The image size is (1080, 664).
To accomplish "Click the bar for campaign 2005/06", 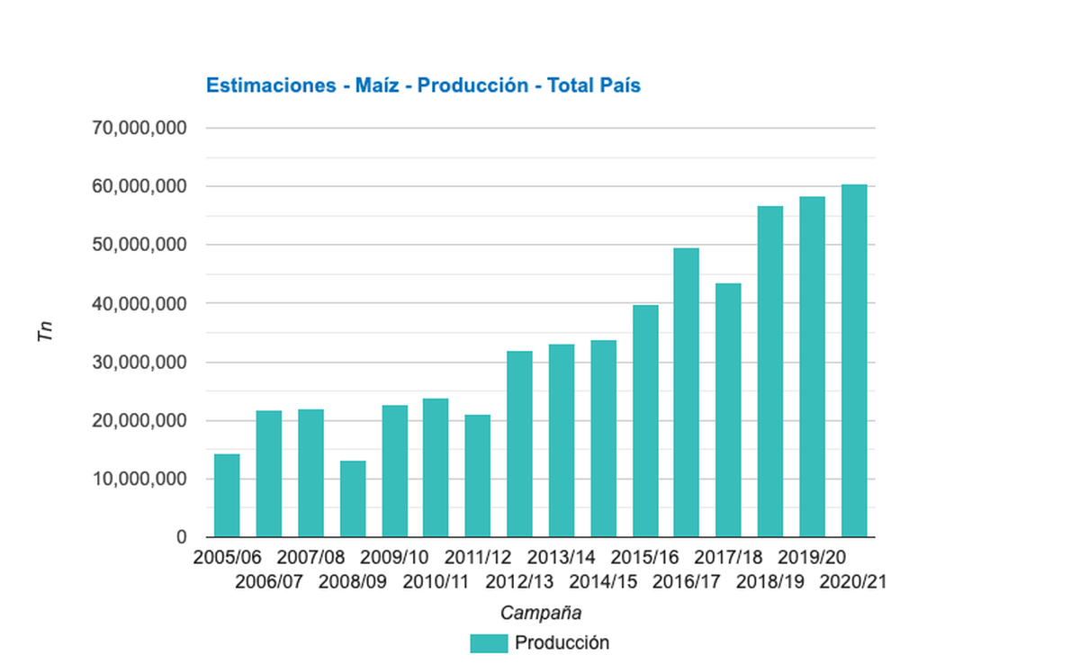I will pos(227,496).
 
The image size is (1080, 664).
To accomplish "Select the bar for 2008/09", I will pos(353,499).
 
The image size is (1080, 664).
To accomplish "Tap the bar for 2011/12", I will pos(478,476).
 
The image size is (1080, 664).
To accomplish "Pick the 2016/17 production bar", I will pos(687,393).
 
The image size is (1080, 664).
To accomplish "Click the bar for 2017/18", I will pos(728,410).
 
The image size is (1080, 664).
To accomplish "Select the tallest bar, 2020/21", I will pos(854,361).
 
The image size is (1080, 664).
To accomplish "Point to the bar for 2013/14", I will pos(562,441).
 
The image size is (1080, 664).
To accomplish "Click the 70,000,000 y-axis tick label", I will pos(139,129).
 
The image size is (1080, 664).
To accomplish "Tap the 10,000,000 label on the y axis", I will pos(139,480).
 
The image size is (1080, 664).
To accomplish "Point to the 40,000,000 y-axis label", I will pos(139,304).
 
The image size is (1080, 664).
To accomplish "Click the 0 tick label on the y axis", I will pos(181,538).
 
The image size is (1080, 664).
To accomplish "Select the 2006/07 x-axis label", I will pos(269,581).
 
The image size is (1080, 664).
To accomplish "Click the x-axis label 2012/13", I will pos(519,581).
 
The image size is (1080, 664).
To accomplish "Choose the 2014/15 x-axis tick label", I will pos(603,581).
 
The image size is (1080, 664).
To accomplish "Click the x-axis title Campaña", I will pos(540,614).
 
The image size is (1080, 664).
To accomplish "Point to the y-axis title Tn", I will pos(46,332).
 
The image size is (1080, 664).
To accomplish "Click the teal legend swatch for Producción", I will pos(489,643).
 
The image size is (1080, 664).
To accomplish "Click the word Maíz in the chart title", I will pos(370,85).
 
